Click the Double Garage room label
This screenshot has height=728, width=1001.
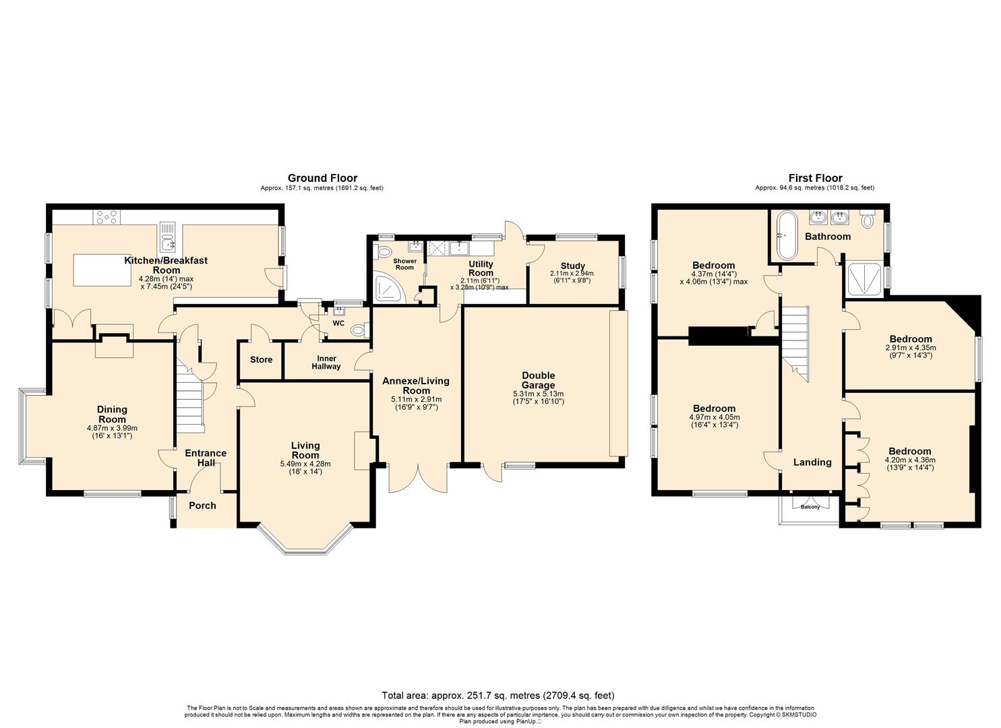tap(538, 380)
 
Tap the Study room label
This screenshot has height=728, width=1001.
tap(572, 266)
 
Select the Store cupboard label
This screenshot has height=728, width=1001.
tap(261, 360)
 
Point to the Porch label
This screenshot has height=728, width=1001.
tap(202, 506)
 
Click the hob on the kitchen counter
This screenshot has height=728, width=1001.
tap(107, 218)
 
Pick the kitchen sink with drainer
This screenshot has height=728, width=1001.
tap(168, 237)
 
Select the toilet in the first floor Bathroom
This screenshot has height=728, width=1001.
tap(868, 220)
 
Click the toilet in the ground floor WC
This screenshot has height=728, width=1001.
tap(360, 331)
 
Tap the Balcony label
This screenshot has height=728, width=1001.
tap(810, 507)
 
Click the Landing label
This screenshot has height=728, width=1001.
tap(812, 462)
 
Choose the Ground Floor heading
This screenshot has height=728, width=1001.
tap(322, 179)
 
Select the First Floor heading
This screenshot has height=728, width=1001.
tap(815, 179)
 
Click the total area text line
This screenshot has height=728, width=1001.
tap(498, 696)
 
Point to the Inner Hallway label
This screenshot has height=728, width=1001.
tap(326, 363)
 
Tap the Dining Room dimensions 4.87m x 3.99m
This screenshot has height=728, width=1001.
tap(112, 427)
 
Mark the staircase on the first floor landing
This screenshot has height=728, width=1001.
tap(795, 343)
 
